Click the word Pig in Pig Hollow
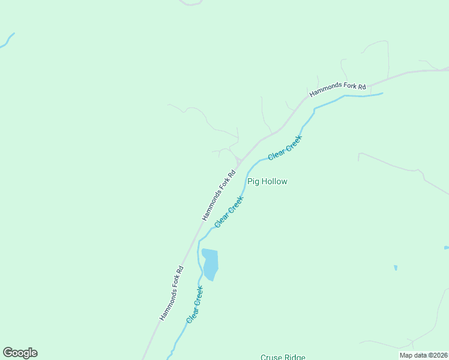pyautogui.click(x=253, y=181)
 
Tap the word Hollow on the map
pyautogui.click(x=274, y=181)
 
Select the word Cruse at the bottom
pyautogui.click(x=271, y=357)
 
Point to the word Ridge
pyautogui.click(x=295, y=357)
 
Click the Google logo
pyautogui.click(x=20, y=353)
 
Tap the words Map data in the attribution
pyautogui.click(x=414, y=355)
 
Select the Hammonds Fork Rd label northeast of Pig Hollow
pyautogui.click(x=337, y=90)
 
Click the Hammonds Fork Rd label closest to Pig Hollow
pyautogui.click(x=217, y=192)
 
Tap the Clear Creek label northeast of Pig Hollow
pyautogui.click(x=285, y=147)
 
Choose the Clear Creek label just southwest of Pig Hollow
pyautogui.click(x=229, y=211)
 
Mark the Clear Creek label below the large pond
pyautogui.click(x=195, y=305)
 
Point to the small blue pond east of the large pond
pyautogui.click(x=396, y=268)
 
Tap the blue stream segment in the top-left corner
pyautogui.click(x=8, y=40)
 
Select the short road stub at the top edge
pyautogui.click(x=191, y=4)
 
